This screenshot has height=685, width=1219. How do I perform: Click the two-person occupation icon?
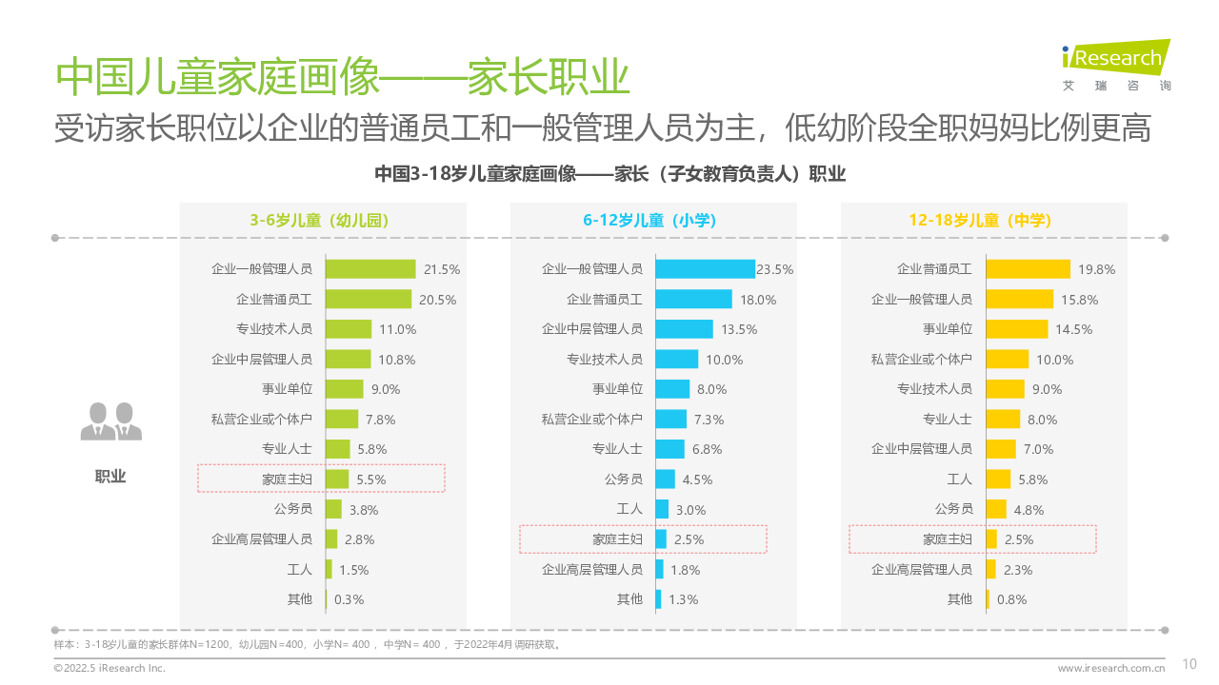tap(110, 422)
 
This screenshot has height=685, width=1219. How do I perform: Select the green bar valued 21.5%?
tap(370, 269)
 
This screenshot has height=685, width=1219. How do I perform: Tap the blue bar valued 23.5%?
tap(705, 269)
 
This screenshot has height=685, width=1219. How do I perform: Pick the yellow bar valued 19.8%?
tap(1028, 269)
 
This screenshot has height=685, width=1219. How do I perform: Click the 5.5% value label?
tap(370, 479)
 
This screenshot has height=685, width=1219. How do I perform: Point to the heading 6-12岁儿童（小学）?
tap(649, 220)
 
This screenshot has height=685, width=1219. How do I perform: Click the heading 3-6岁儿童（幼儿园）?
tap(319, 220)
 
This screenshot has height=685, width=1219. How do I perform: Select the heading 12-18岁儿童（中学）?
tap(980, 220)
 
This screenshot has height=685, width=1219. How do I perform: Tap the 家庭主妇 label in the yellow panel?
tap(948, 539)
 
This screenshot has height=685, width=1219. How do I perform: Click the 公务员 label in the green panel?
tap(293, 509)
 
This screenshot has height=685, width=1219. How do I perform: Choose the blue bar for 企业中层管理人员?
tap(684, 329)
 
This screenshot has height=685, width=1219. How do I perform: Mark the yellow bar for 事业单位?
tap(1016, 329)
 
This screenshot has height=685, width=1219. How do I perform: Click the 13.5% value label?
tap(739, 329)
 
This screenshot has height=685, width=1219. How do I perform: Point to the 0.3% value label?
tap(349, 599)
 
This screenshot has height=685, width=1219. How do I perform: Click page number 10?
tap(1189, 664)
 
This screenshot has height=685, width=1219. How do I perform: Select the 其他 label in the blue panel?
tap(629, 599)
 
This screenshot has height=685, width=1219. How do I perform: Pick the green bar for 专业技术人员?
tap(348, 329)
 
